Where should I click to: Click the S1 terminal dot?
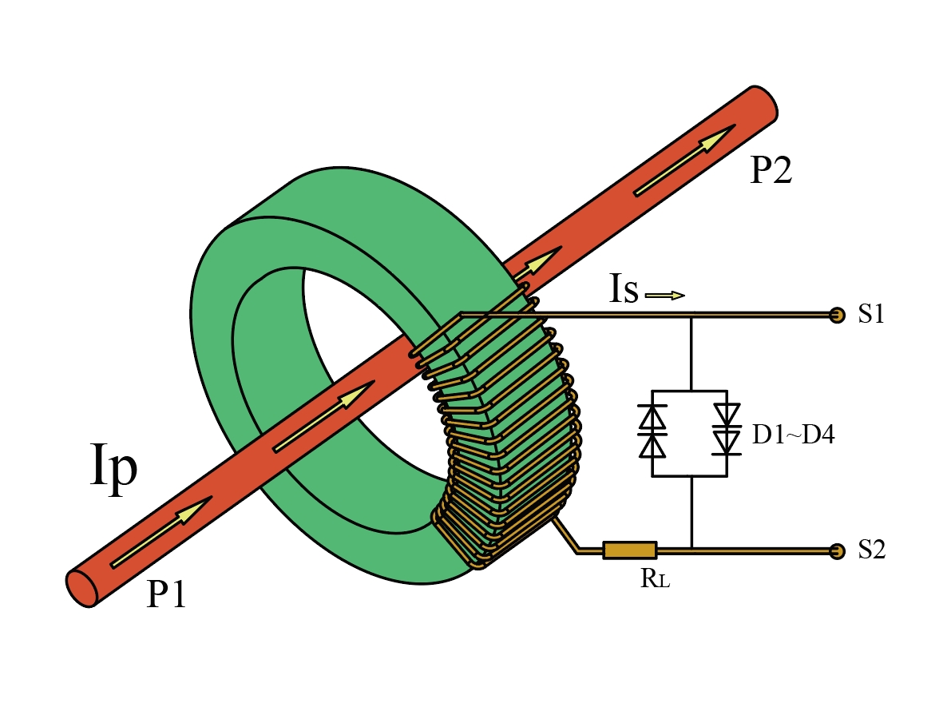(837, 315)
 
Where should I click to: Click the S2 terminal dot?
(837, 550)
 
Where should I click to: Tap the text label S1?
(871, 315)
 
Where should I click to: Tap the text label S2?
(871, 550)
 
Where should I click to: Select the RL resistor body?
(629, 550)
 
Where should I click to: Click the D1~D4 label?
(793, 435)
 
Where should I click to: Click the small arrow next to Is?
(664, 296)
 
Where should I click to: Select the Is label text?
(624, 291)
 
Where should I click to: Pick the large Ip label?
(113, 470)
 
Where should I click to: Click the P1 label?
(166, 594)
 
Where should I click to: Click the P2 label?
(771, 171)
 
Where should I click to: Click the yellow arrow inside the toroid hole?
(323, 416)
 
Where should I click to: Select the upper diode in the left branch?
(653, 418)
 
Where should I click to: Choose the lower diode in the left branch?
(653, 445)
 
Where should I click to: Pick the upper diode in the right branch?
(726, 414)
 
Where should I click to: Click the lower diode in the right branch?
(726, 442)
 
